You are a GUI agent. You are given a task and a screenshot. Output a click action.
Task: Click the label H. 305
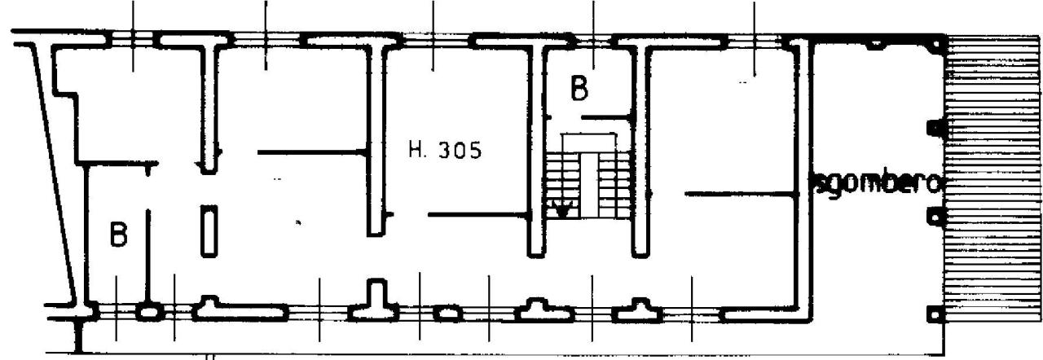(x=445, y=150)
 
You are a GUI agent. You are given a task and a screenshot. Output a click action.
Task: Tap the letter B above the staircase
(x=579, y=89)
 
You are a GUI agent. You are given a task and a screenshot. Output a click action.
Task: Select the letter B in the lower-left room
(x=118, y=235)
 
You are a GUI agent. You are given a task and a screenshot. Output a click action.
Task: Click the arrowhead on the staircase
(x=562, y=210)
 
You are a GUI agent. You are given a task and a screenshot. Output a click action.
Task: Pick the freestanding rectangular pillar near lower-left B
(x=209, y=231)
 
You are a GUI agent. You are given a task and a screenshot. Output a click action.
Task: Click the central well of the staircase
(x=589, y=185)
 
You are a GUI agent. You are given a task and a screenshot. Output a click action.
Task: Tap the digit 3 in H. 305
(x=446, y=150)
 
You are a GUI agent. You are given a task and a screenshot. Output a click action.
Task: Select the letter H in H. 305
(x=415, y=150)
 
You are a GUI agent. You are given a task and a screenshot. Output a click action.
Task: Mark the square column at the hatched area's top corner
(x=936, y=44)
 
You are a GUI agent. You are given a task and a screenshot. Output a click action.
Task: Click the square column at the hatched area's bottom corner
(x=935, y=314)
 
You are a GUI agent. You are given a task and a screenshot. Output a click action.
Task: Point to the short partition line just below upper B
(x=606, y=117)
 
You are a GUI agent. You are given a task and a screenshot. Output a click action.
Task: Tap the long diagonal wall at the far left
(x=54, y=172)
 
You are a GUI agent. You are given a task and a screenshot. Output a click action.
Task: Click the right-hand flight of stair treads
(x=614, y=186)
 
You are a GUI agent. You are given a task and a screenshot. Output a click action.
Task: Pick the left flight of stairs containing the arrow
(x=563, y=186)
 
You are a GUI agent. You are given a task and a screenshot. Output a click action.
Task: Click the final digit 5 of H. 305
(x=475, y=151)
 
